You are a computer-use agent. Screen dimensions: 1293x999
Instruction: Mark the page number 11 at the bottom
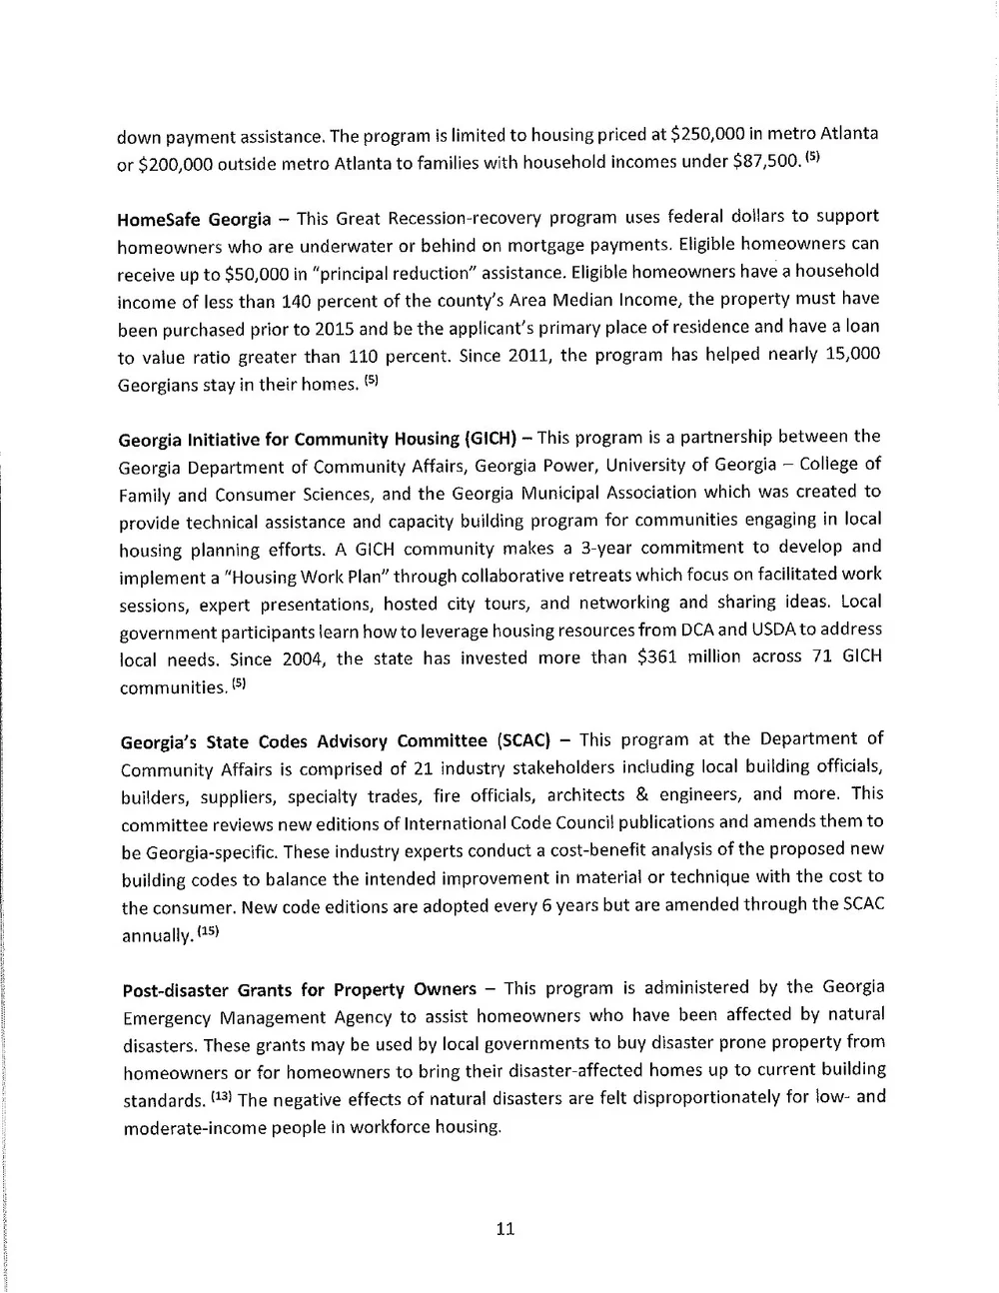tap(504, 1229)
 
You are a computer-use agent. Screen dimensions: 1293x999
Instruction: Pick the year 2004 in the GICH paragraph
tap(302, 659)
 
